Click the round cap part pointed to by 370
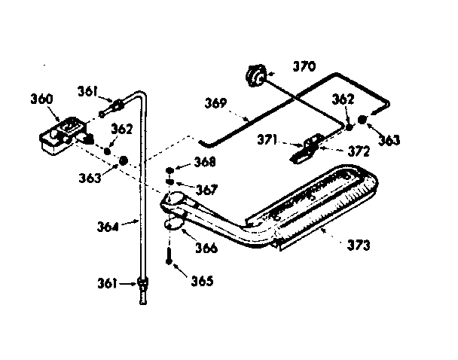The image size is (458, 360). coord(255,75)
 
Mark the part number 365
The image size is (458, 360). coord(202,282)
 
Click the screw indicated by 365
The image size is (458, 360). coord(172,256)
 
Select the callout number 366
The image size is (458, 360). coord(206,248)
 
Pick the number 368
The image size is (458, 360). coord(206,162)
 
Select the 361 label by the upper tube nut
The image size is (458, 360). coord(88,92)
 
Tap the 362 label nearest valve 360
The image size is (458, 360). coord(123,129)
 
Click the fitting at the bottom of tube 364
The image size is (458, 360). coord(142,285)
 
